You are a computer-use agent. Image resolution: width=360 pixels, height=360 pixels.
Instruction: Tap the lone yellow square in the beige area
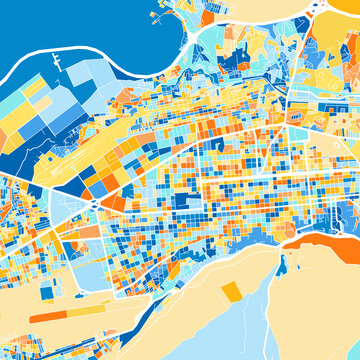231,291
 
